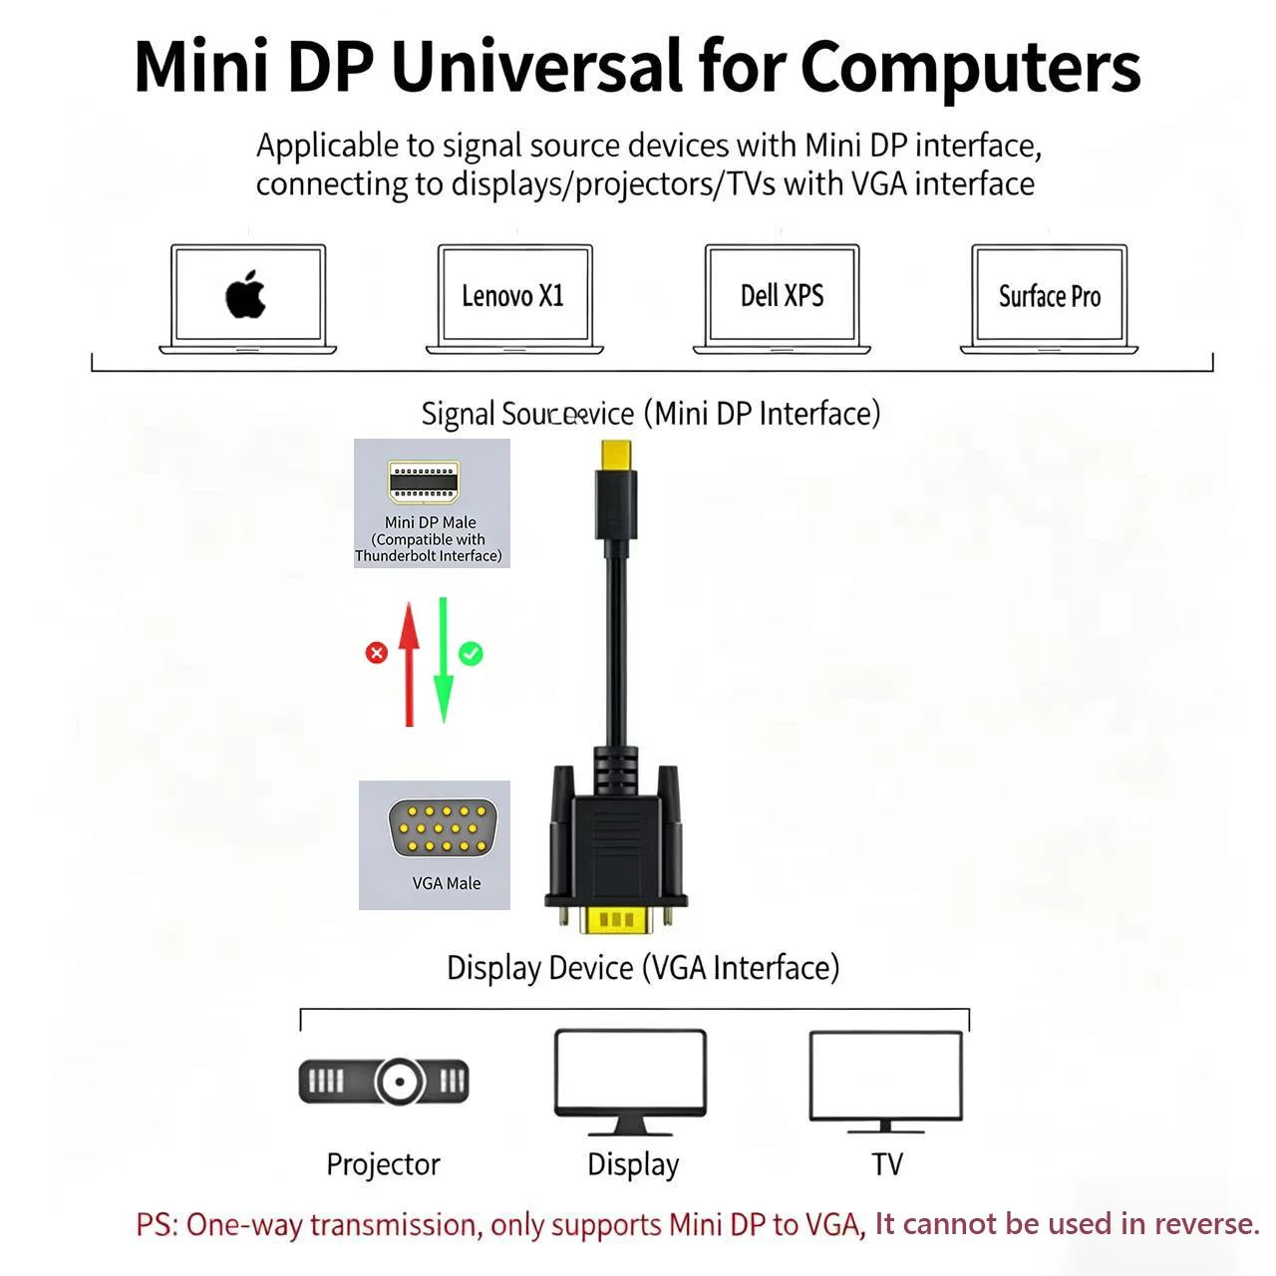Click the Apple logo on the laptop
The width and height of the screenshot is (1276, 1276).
[246, 294]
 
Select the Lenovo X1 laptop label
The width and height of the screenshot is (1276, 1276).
[512, 296]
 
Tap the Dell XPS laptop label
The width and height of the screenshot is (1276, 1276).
[782, 295]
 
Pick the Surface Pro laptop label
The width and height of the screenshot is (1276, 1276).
[1050, 296]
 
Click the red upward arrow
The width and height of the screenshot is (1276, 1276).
[409, 663]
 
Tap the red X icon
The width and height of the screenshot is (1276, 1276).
[376, 653]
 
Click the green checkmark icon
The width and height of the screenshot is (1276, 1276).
[471, 654]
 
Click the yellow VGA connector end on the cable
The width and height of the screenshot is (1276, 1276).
[617, 919]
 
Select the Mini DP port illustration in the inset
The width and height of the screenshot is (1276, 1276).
[424, 481]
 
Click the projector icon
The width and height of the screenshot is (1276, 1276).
[384, 1081]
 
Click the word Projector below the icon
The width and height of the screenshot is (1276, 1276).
[383, 1164]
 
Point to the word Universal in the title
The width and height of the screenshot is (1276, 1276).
[538, 68]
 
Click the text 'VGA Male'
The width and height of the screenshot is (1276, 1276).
[446, 883]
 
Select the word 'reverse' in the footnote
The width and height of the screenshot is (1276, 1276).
[1205, 1224]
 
